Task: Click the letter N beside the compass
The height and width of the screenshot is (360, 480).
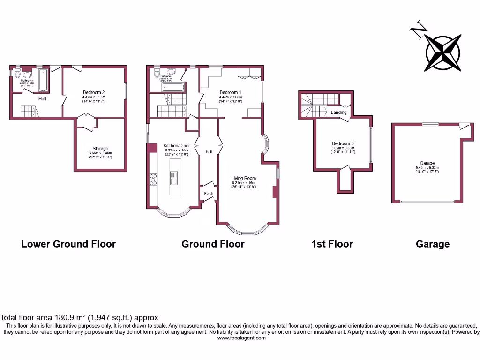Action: [419, 30]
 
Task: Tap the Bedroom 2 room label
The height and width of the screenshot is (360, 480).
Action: [93, 92]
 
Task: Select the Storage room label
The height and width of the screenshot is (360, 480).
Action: [100, 149]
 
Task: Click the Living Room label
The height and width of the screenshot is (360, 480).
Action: [244, 178]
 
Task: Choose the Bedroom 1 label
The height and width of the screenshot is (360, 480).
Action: [230, 92]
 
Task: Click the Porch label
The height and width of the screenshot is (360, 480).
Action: [209, 194]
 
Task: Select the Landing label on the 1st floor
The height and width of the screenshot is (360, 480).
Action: [338, 112]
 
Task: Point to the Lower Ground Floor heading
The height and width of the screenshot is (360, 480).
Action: [68, 244]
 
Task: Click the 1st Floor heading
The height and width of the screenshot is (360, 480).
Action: [332, 244]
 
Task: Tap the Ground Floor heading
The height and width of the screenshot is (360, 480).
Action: [213, 244]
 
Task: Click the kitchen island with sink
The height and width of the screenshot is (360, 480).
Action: [173, 177]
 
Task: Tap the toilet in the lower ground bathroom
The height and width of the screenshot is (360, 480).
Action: [18, 74]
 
